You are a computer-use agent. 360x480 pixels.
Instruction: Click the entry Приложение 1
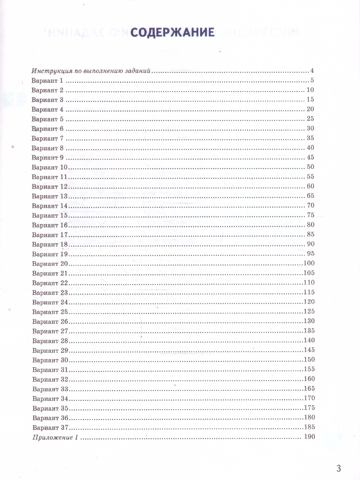click(54, 437)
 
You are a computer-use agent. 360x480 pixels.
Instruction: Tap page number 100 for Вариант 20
click(310, 263)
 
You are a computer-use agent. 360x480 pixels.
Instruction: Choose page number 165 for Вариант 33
click(310, 388)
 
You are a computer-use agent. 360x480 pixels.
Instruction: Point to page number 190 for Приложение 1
click(310, 436)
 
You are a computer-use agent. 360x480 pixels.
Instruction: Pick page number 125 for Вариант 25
click(310, 311)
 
